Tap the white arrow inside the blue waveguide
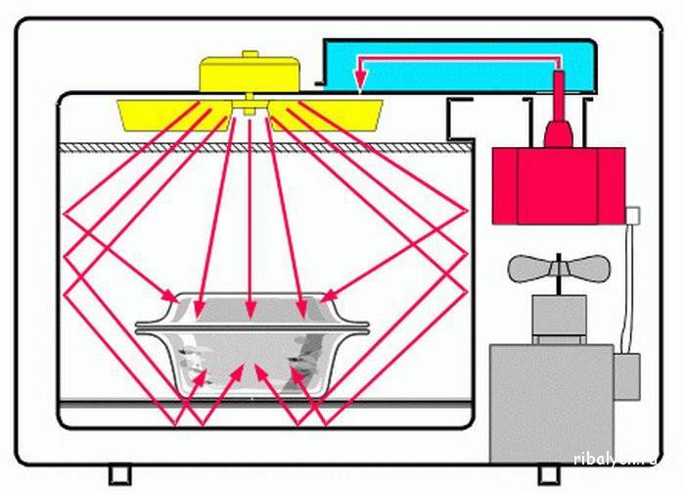450,60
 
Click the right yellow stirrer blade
338,114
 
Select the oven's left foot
119,474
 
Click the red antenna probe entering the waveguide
558,113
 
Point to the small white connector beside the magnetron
632,214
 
